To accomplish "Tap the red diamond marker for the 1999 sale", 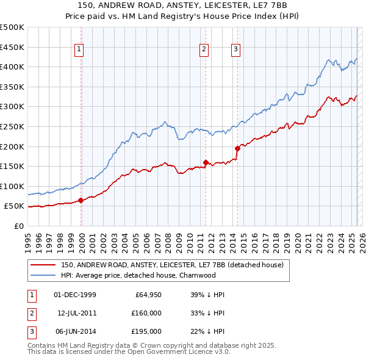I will click(81, 200).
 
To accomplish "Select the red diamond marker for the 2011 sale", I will click(206, 162).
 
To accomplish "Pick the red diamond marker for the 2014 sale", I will click(237, 148).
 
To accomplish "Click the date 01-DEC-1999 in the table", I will click(75, 295).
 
